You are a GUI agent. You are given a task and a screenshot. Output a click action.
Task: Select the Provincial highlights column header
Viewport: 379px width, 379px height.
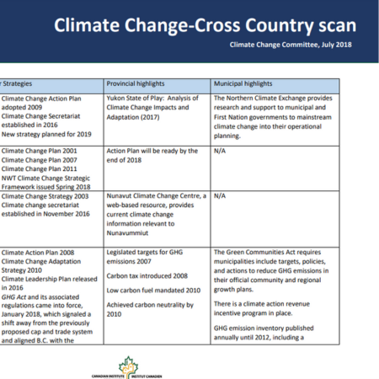coord(141,84)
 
